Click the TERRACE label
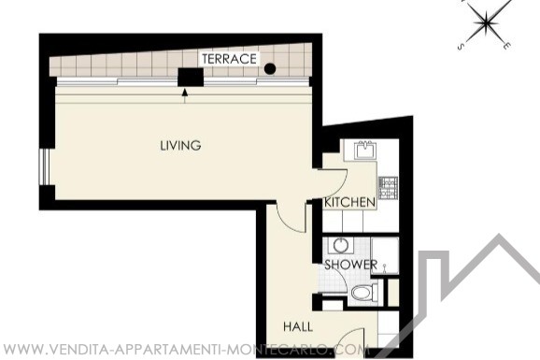[229, 59]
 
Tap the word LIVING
[180, 145]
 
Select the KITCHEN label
[349, 202]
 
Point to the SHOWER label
[351, 265]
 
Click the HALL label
[298, 326]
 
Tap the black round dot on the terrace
[270, 69]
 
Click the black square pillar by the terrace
[191, 77]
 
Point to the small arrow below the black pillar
[185, 96]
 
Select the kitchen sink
[364, 150]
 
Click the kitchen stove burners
[388, 188]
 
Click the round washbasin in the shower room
[340, 246]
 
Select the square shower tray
[385, 255]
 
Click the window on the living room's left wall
[42, 166]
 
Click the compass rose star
[486, 22]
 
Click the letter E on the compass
[505, 45]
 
